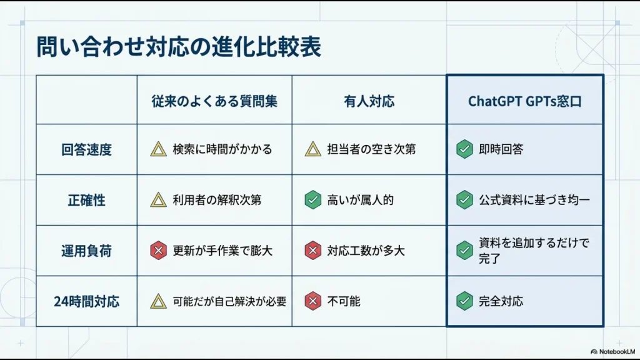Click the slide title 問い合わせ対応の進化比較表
tap(178, 47)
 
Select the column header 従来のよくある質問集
tap(214, 101)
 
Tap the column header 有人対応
tap(369, 101)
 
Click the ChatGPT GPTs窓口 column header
tap(524, 101)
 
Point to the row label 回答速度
tap(86, 150)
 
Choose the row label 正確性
tap(86, 201)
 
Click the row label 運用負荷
tap(86, 251)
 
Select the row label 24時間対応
tap(86, 301)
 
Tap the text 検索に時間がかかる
tap(222, 150)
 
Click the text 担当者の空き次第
tap(371, 150)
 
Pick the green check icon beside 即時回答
tap(464, 150)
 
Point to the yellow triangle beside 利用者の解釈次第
tap(158, 201)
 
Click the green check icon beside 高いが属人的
tap(312, 201)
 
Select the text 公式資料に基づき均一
tap(534, 201)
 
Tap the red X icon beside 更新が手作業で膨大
tap(158, 251)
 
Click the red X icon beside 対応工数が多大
tap(312, 251)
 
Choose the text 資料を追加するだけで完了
tap(534, 250)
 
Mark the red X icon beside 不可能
tap(312, 301)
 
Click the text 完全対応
tap(501, 301)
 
